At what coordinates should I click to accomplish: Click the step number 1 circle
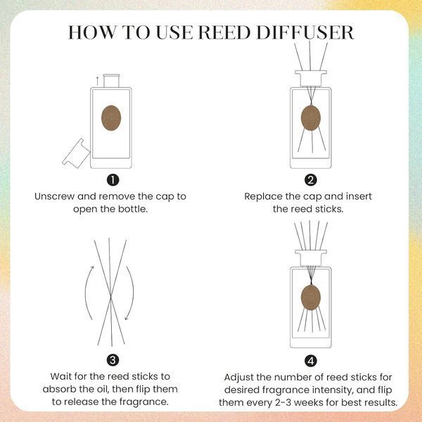point(113,180)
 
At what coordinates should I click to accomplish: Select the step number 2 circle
point(311,180)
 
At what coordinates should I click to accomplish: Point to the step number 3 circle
point(113,360)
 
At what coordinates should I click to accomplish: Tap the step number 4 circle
point(311,361)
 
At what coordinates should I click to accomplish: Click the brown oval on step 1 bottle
point(111,118)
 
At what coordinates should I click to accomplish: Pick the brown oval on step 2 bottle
point(311,118)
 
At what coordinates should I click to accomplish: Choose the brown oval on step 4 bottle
point(311,298)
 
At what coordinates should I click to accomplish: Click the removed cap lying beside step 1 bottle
point(76,153)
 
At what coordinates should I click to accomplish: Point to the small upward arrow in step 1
point(98,81)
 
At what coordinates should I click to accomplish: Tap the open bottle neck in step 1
point(111,81)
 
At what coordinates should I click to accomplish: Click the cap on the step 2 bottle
point(311,78)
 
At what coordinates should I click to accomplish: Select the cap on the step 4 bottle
point(311,258)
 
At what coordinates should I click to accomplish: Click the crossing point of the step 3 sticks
point(111,296)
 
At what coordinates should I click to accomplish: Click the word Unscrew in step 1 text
point(54,196)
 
